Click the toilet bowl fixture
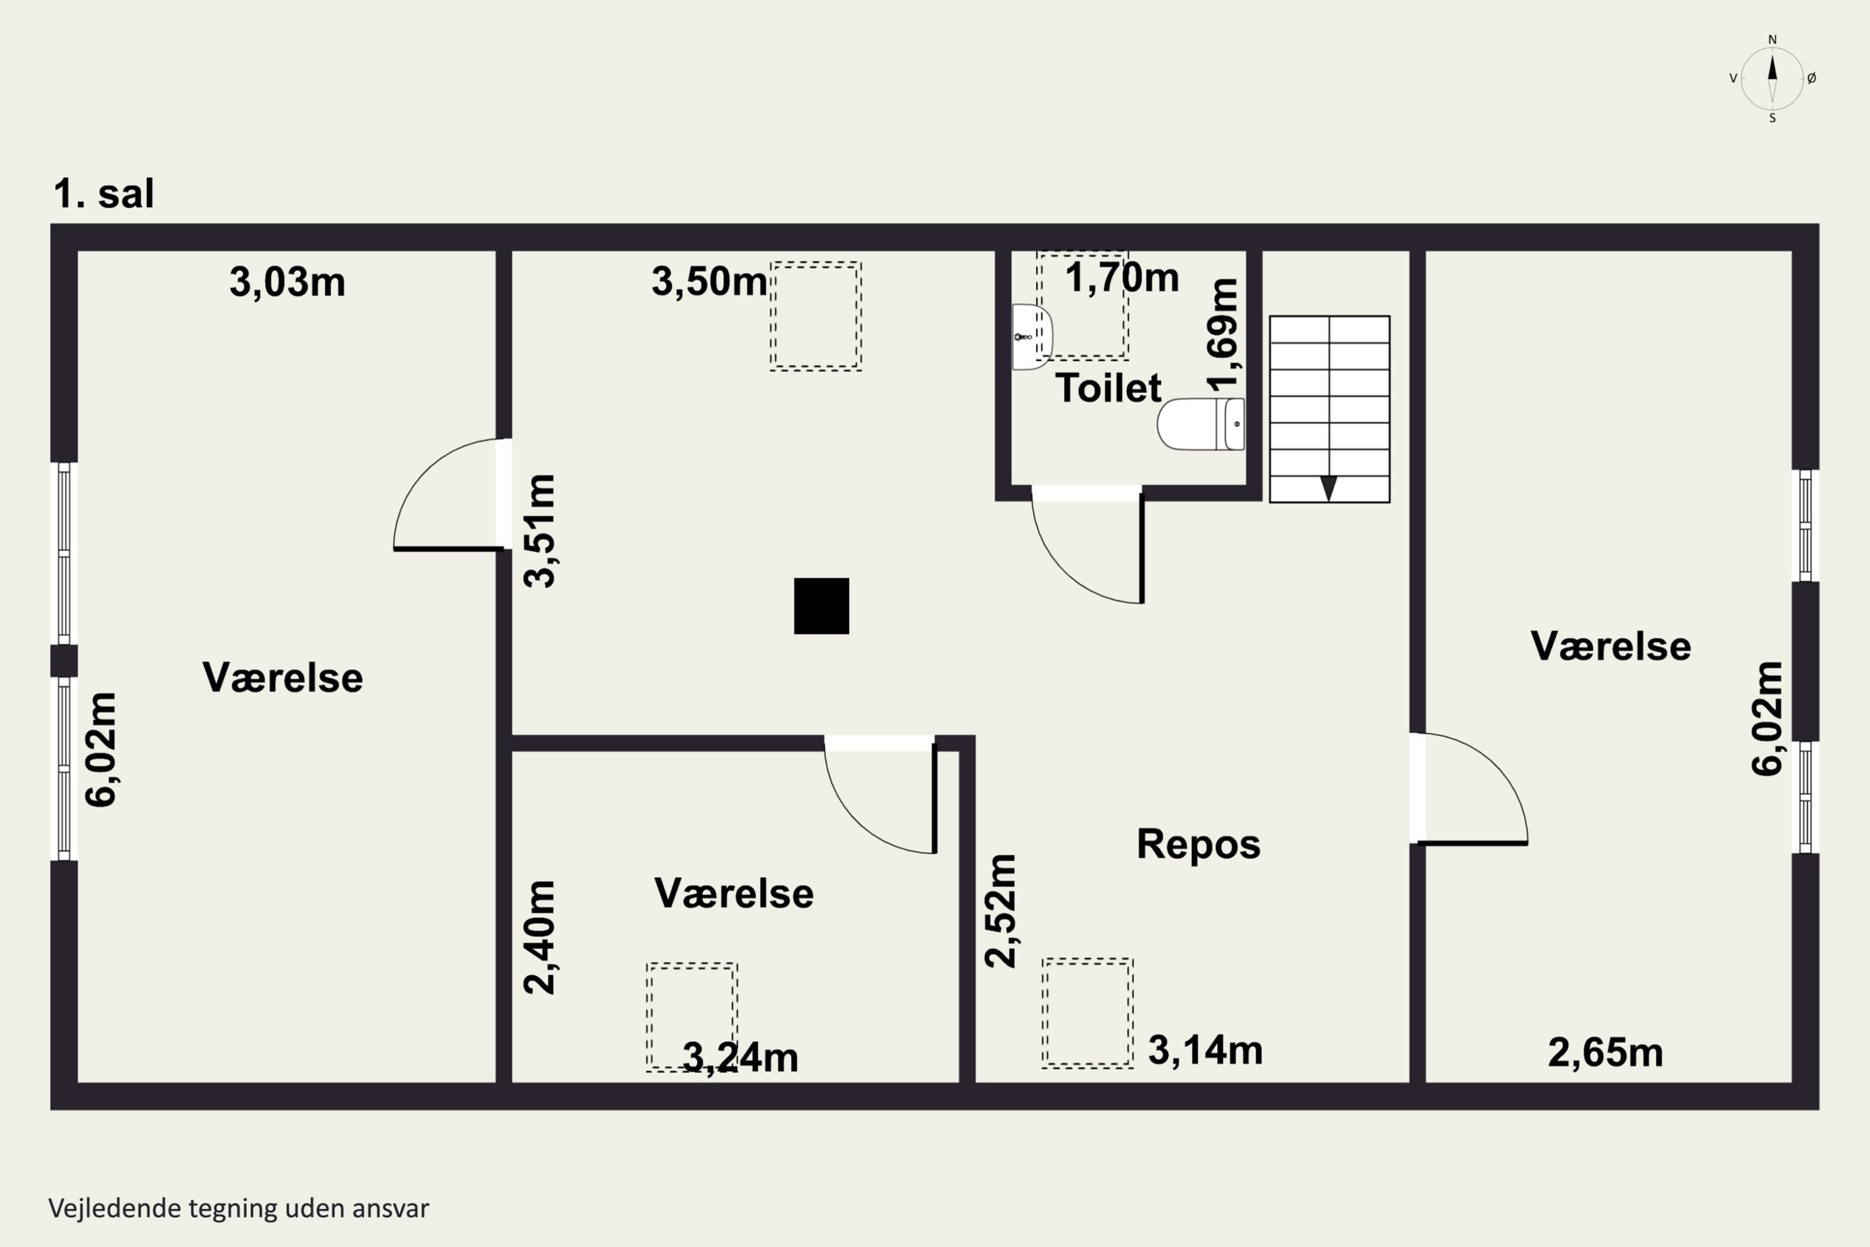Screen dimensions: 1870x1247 click(x=1201, y=424)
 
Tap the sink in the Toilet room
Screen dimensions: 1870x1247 click(x=1032, y=337)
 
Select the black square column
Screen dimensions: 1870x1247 click(x=822, y=606)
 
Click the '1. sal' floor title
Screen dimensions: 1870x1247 click(x=103, y=193)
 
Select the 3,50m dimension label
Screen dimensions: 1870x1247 click(x=709, y=282)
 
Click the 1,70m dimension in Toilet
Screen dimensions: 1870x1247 click(x=1122, y=277)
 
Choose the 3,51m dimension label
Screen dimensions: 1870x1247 click(x=539, y=531)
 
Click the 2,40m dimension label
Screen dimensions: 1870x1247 click(x=539, y=937)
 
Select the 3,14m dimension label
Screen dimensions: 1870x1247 click(x=1206, y=1051)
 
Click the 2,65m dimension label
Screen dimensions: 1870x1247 click(x=1605, y=1053)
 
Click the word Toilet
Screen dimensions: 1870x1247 click(x=1108, y=388)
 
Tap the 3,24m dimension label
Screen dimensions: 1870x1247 click(x=741, y=1057)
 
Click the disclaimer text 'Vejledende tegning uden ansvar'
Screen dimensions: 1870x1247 click(x=239, y=1209)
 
